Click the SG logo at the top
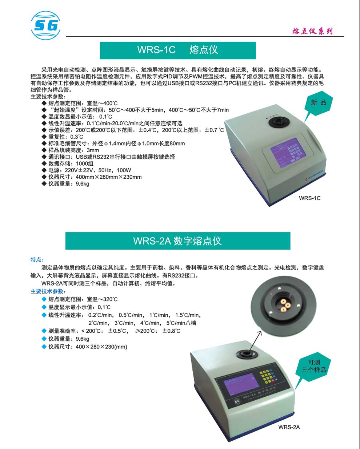click(x=45, y=25)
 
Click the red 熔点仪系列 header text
click(x=312, y=31)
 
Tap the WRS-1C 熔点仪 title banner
click(x=178, y=50)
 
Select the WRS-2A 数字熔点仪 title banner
click(x=178, y=241)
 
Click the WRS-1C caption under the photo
click(x=309, y=198)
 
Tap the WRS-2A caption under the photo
click(x=289, y=427)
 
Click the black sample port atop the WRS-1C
click(x=282, y=123)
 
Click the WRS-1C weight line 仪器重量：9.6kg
click(x=69, y=184)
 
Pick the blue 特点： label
click(x=37, y=260)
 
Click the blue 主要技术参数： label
click(x=48, y=291)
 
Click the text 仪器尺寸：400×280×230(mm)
click(x=88, y=347)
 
